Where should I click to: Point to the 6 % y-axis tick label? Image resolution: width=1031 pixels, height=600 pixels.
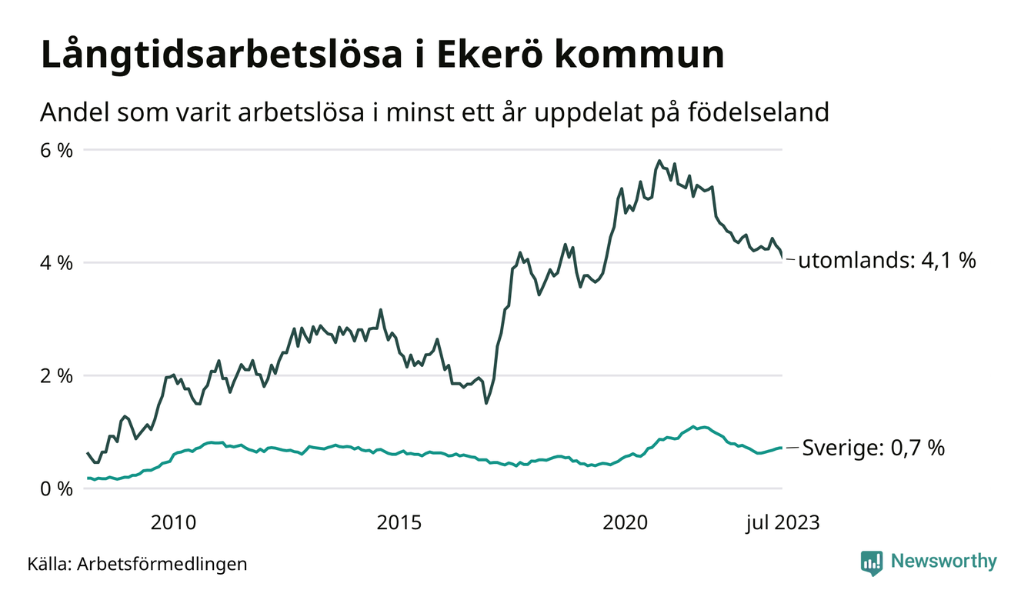pos(56,150)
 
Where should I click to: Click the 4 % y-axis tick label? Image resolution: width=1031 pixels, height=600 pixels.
pos(56,263)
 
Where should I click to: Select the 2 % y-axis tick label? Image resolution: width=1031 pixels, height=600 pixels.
pos(56,376)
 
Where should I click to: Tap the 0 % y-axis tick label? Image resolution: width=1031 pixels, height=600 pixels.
pos(56,489)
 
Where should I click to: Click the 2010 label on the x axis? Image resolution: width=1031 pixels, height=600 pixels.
pos(174,523)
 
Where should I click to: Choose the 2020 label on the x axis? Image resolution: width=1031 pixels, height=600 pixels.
pos(626,523)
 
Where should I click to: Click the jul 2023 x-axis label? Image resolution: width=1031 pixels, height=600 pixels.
pos(782,523)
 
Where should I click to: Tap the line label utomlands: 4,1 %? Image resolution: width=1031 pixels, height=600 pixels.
pos(887,261)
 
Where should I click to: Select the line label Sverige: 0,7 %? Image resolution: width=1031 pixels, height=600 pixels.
pos(873,448)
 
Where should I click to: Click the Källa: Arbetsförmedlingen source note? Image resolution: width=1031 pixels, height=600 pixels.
pos(137,564)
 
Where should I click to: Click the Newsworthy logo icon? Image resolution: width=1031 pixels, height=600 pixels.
pos(871,562)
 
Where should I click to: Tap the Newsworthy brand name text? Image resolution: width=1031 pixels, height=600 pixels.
pos(943,562)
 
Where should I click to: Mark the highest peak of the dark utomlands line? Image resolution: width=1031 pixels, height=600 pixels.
pos(659,161)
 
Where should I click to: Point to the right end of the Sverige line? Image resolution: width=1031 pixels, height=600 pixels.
pos(782,448)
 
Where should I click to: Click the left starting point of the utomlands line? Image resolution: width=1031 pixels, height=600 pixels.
pos(88,453)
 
